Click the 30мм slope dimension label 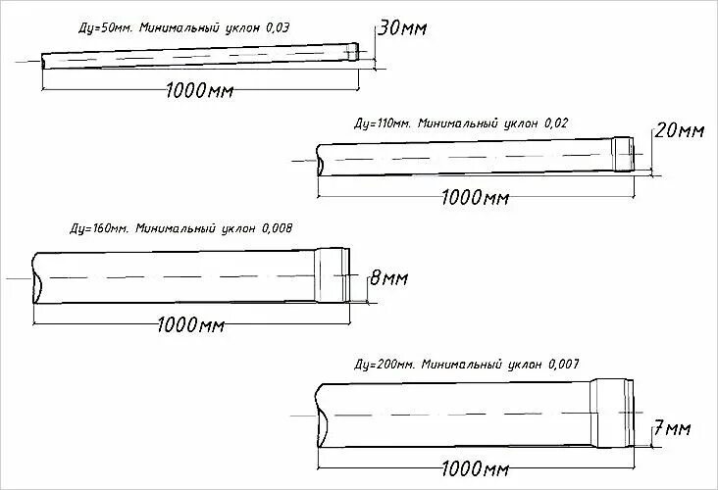click(402, 29)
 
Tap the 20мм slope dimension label click(680, 130)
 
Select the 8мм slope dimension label click(387, 279)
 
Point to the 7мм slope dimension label click(673, 428)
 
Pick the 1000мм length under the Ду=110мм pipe click(476, 198)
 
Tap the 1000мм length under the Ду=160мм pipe click(186, 324)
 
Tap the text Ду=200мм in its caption click(385, 364)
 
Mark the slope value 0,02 click(554, 123)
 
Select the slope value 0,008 click(276, 228)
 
